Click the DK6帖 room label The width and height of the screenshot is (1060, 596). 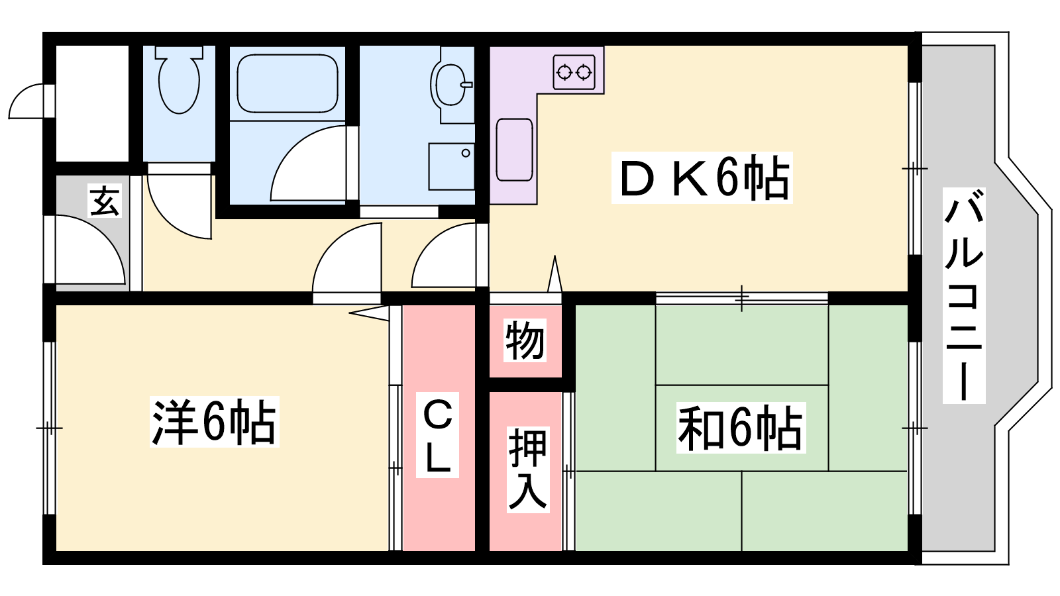[702, 178]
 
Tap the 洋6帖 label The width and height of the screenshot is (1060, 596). [215, 422]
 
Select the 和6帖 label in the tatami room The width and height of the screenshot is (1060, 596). [741, 428]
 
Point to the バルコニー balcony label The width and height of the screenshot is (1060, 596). [964, 295]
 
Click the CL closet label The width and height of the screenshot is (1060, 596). [437, 434]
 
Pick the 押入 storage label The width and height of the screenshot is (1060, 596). [527, 470]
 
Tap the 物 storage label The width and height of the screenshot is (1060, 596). [524, 340]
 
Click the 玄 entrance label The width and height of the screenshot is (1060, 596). [105, 201]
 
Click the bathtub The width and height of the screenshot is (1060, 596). [288, 83]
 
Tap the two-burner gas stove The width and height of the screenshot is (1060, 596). [574, 72]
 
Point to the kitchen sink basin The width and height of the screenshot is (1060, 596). [514, 150]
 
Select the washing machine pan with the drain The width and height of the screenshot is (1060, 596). [451, 166]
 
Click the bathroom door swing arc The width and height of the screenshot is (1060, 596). [308, 163]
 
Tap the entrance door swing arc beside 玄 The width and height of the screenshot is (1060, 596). [90, 249]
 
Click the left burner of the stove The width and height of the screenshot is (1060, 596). [564, 72]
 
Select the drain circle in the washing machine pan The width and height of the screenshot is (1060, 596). [466, 153]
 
